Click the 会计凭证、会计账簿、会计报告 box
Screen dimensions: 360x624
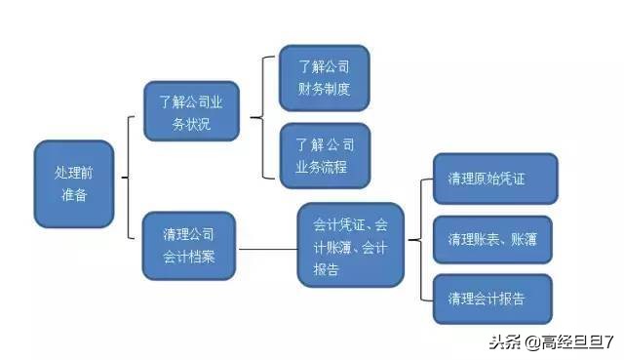(350, 246)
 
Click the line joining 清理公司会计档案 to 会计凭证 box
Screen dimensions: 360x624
(268, 249)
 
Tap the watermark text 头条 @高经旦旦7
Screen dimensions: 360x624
(550, 341)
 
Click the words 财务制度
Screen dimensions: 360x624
(325, 90)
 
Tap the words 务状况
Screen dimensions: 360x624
(190, 124)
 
